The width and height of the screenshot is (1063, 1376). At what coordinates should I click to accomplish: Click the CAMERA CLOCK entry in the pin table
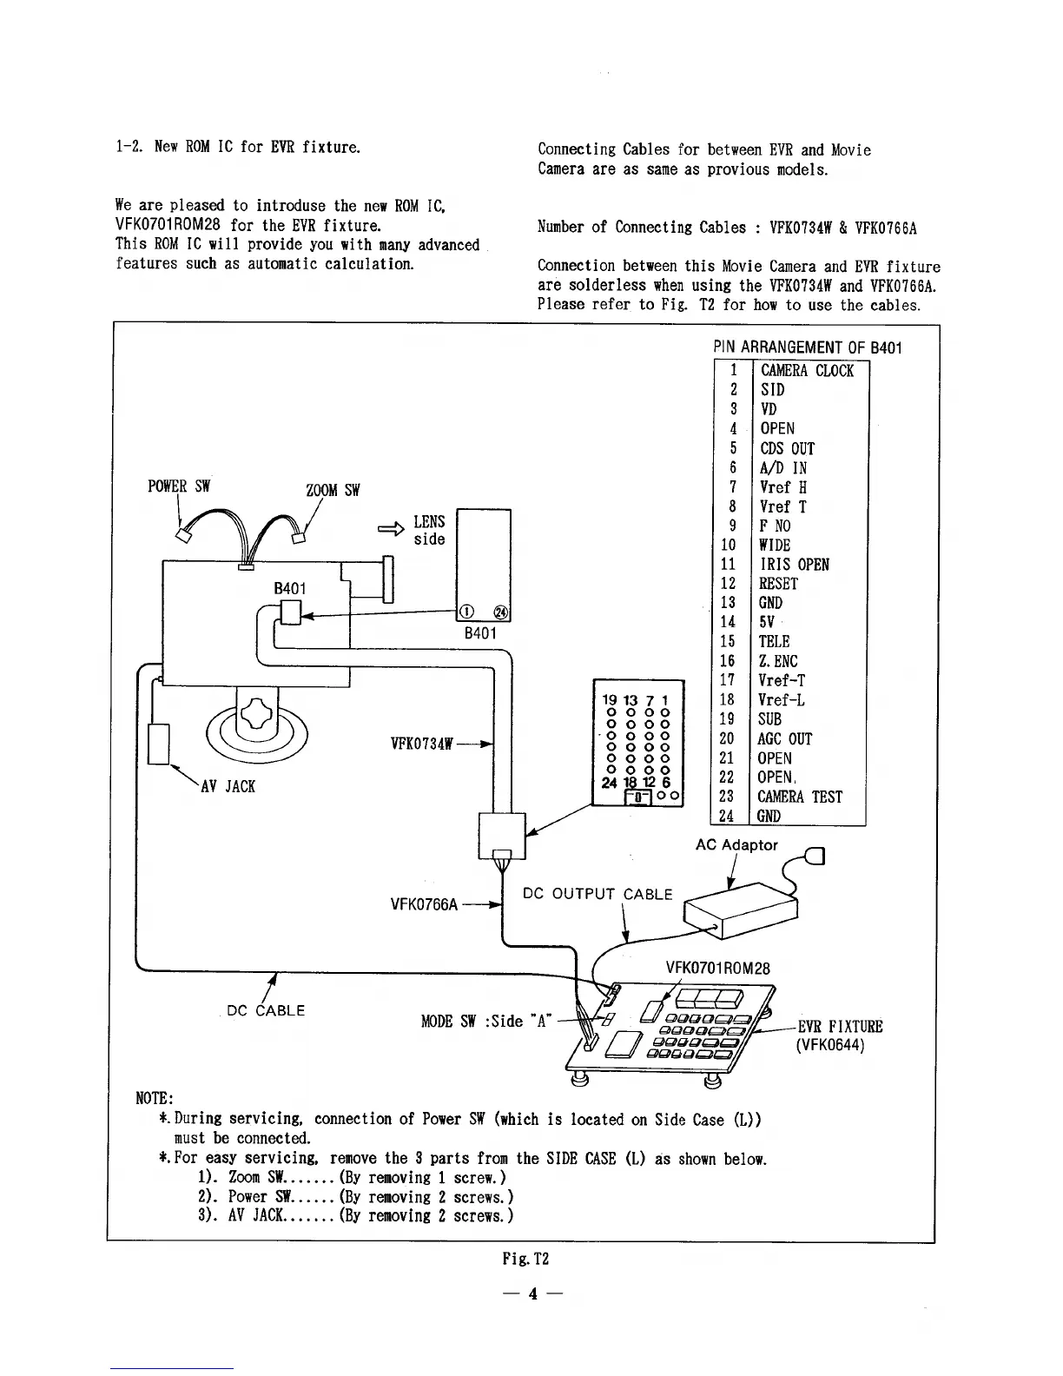point(807,371)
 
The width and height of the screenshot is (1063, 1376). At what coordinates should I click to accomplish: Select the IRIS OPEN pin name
point(794,565)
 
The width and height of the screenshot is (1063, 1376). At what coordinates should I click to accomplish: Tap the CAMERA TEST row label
point(800,797)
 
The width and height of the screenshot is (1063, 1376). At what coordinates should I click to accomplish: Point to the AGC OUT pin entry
point(785,739)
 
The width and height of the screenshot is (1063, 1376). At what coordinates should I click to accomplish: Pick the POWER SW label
point(179,486)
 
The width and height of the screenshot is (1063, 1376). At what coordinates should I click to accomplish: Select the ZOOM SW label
point(333,490)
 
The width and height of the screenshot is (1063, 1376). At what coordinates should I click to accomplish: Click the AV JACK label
point(228,787)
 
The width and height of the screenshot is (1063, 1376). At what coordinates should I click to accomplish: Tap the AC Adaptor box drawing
point(740,909)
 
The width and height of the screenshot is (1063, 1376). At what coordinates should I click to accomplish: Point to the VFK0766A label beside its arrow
point(424,904)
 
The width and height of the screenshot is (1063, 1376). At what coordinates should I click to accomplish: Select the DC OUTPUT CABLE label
point(598,894)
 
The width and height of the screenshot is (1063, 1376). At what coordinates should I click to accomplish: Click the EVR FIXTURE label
point(840,1027)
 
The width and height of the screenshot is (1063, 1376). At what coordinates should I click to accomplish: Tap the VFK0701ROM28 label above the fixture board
point(717,969)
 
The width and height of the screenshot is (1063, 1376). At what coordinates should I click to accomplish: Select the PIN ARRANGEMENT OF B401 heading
point(807,347)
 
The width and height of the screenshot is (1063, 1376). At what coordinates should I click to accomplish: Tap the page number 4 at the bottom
point(532,1294)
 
